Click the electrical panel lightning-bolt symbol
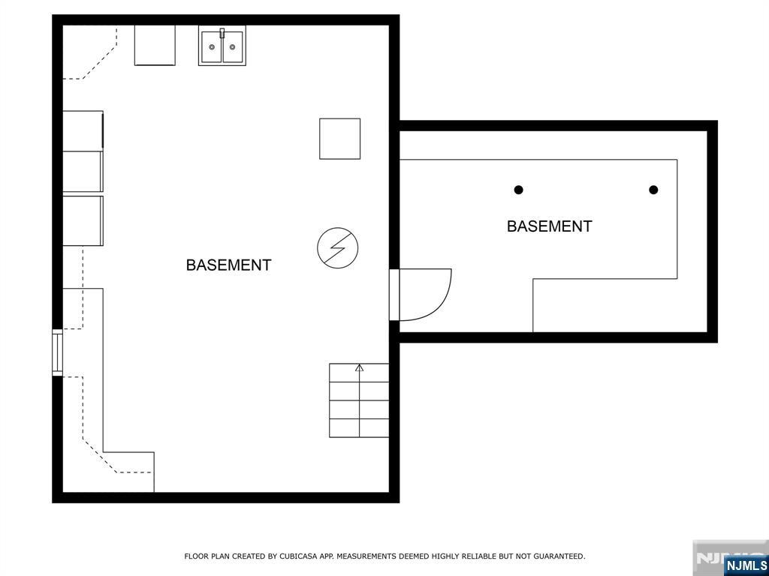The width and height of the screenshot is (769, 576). (x=337, y=247)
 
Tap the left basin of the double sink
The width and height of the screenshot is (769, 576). (x=212, y=47)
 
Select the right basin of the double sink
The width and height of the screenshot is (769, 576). (x=233, y=47)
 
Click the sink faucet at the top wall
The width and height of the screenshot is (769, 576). (x=222, y=33)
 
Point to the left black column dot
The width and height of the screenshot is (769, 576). (x=518, y=190)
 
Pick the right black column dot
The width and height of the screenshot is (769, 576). (x=653, y=190)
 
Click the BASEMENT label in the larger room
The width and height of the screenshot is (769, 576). (x=228, y=265)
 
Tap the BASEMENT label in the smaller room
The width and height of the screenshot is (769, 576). (x=549, y=226)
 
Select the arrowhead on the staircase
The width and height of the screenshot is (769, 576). (x=360, y=367)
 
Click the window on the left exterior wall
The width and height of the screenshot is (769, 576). (x=57, y=352)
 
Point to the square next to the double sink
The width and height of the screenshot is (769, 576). (x=155, y=45)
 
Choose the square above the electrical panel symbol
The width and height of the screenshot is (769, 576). (x=340, y=139)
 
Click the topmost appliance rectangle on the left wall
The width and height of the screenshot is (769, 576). (x=83, y=130)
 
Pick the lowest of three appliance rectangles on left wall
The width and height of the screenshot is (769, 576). (x=83, y=220)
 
